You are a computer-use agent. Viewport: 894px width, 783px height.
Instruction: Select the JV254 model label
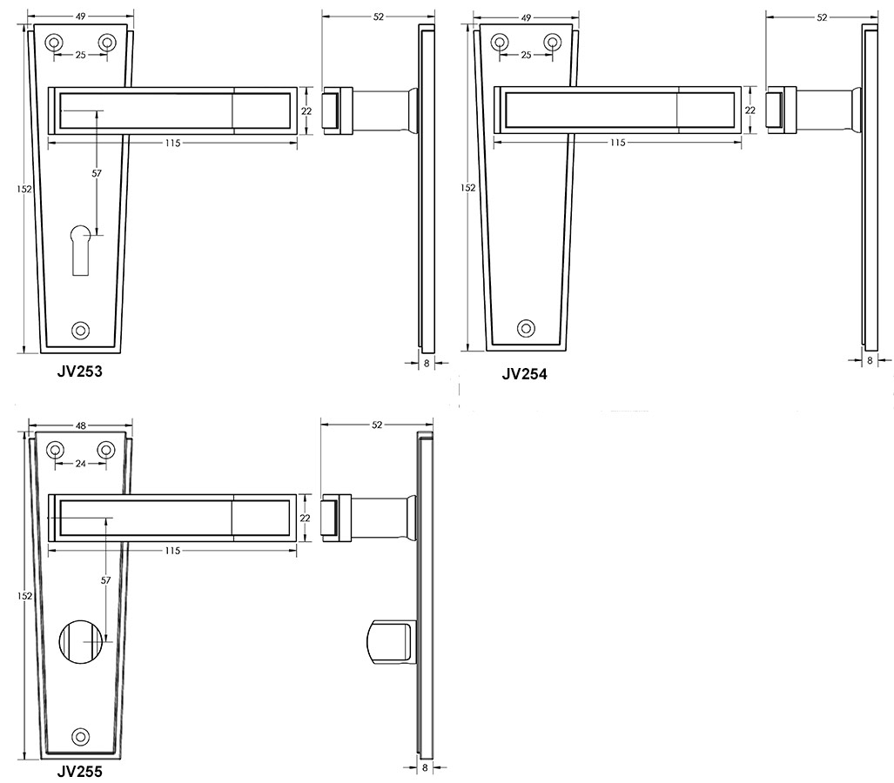click(524, 374)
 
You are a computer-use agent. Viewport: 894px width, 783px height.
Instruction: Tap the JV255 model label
click(80, 770)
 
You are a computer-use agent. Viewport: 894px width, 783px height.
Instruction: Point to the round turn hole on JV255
click(80, 643)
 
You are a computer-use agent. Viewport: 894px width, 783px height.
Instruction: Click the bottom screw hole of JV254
click(525, 328)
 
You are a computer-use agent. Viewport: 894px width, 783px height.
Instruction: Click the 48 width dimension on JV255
click(80, 425)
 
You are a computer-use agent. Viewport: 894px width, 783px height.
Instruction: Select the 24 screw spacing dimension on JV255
click(80, 464)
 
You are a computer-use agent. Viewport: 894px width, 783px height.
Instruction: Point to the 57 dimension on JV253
click(97, 173)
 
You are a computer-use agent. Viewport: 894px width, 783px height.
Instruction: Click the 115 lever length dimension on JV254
click(617, 142)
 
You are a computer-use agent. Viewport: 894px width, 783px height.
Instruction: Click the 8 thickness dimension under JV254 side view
click(870, 359)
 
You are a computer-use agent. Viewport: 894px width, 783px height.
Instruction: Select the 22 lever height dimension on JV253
click(306, 110)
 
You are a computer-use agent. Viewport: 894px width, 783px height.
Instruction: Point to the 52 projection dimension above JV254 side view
click(822, 17)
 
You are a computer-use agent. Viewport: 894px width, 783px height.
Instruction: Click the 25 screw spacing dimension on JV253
click(80, 55)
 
